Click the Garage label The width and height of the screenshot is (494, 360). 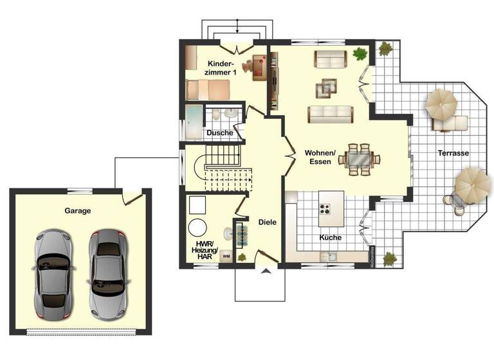[x=77, y=210]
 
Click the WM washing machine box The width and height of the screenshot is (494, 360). [x=226, y=256]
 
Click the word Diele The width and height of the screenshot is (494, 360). [x=267, y=222]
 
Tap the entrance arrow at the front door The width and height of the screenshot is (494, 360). [x=264, y=272]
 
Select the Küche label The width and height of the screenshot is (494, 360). [x=331, y=237]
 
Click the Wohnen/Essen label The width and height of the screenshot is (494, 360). [x=320, y=157]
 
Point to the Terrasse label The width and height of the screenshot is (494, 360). [x=453, y=154]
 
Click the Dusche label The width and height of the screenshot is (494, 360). [x=219, y=133]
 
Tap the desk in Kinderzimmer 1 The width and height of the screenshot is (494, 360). [x=259, y=66]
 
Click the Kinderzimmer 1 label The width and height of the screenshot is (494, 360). [x=224, y=68]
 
